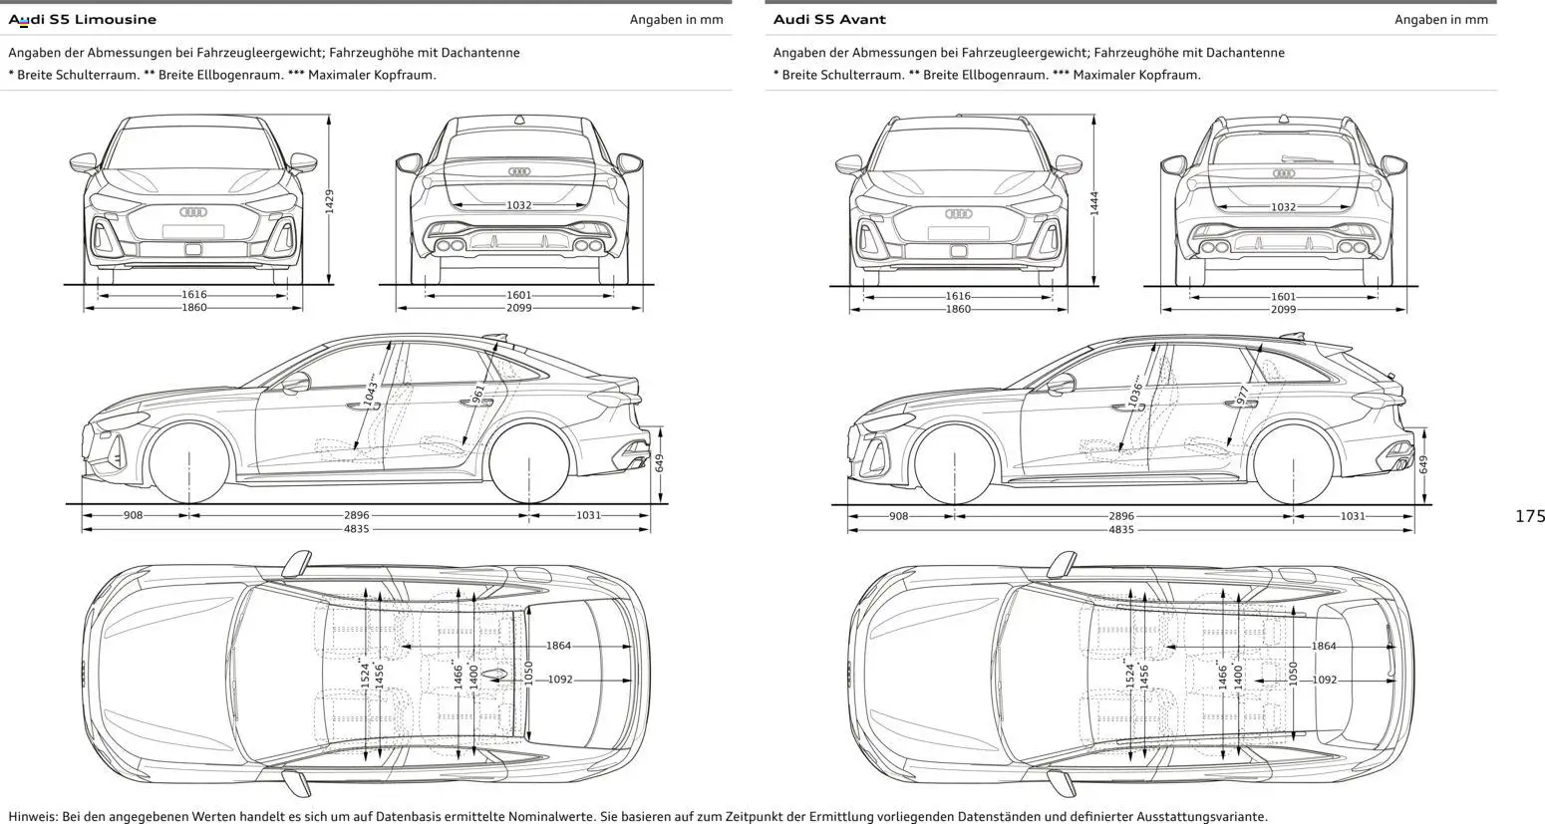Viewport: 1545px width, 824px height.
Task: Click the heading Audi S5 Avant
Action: pyautogui.click(x=829, y=19)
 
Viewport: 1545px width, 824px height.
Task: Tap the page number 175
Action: pyautogui.click(x=1529, y=515)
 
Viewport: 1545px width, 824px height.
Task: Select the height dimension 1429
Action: pyautogui.click(x=329, y=201)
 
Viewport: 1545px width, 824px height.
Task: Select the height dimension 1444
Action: pyautogui.click(x=1093, y=203)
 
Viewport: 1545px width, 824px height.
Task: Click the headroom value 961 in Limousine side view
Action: pyautogui.click(x=478, y=394)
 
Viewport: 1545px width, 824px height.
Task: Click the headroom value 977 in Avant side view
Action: pyautogui.click(x=1243, y=396)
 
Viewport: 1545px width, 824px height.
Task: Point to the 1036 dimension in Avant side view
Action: pyautogui.click(x=1136, y=391)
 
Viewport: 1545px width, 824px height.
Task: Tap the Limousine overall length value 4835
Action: pyautogui.click(x=356, y=529)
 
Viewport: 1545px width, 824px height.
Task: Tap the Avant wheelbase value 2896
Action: pyautogui.click(x=1121, y=516)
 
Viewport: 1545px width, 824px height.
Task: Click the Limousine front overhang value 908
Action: pyautogui.click(x=134, y=515)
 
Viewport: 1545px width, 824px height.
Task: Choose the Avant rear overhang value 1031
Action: pyautogui.click(x=1353, y=516)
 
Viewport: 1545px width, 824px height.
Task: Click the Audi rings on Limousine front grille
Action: pyautogui.click(x=192, y=212)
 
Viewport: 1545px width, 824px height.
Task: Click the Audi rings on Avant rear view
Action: pyautogui.click(x=1284, y=173)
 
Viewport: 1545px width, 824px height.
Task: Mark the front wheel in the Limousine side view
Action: pyautogui.click(x=189, y=464)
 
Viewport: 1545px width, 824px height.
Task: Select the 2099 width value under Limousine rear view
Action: pyautogui.click(x=518, y=308)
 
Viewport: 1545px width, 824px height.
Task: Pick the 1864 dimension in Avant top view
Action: pyautogui.click(x=1324, y=646)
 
